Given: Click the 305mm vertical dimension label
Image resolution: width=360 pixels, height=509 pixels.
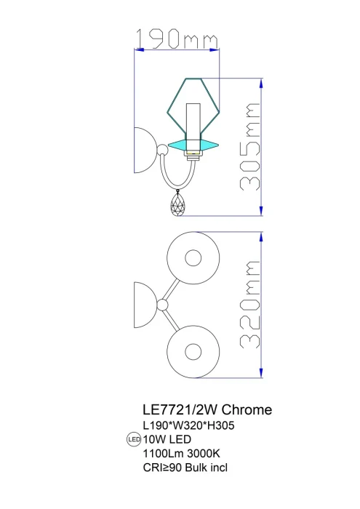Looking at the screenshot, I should pos(249,147).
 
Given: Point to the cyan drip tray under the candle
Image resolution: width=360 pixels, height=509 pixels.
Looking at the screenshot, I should pos(192,143).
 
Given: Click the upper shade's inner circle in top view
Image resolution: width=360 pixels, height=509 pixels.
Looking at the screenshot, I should pos(193,258).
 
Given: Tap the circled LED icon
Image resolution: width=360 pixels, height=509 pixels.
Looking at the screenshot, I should pos(133,439).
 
